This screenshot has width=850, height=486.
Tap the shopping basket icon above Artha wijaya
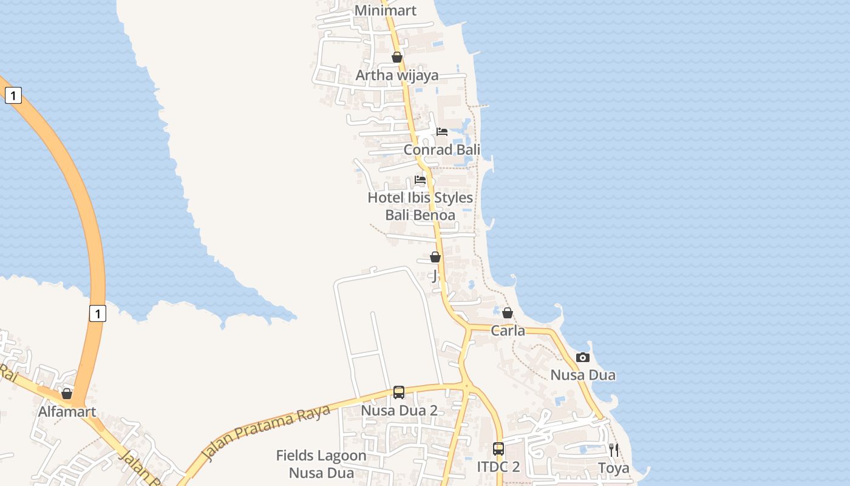click(397, 57)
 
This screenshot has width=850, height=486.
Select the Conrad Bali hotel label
click(442, 149)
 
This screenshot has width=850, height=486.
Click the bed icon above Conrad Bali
click(442, 132)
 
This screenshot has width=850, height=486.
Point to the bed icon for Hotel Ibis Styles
click(420, 180)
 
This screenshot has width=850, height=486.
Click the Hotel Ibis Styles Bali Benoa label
click(420, 206)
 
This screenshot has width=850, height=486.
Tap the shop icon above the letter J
click(435, 257)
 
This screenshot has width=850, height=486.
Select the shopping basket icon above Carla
click(508, 313)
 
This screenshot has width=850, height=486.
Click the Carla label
click(508, 331)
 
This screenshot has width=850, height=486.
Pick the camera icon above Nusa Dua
click(583, 357)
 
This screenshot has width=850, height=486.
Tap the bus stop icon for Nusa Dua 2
click(399, 392)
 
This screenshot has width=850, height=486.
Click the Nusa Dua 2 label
click(399, 411)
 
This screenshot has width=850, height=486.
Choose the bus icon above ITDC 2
click(498, 449)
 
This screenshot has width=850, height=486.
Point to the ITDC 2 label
click(498, 467)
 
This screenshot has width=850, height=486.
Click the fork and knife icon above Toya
click(614, 450)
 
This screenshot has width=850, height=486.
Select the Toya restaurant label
click(614, 468)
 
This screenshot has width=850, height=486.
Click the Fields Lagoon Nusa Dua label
click(321, 464)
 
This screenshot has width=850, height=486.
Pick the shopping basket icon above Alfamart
click(67, 394)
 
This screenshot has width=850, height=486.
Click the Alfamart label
click(67, 412)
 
